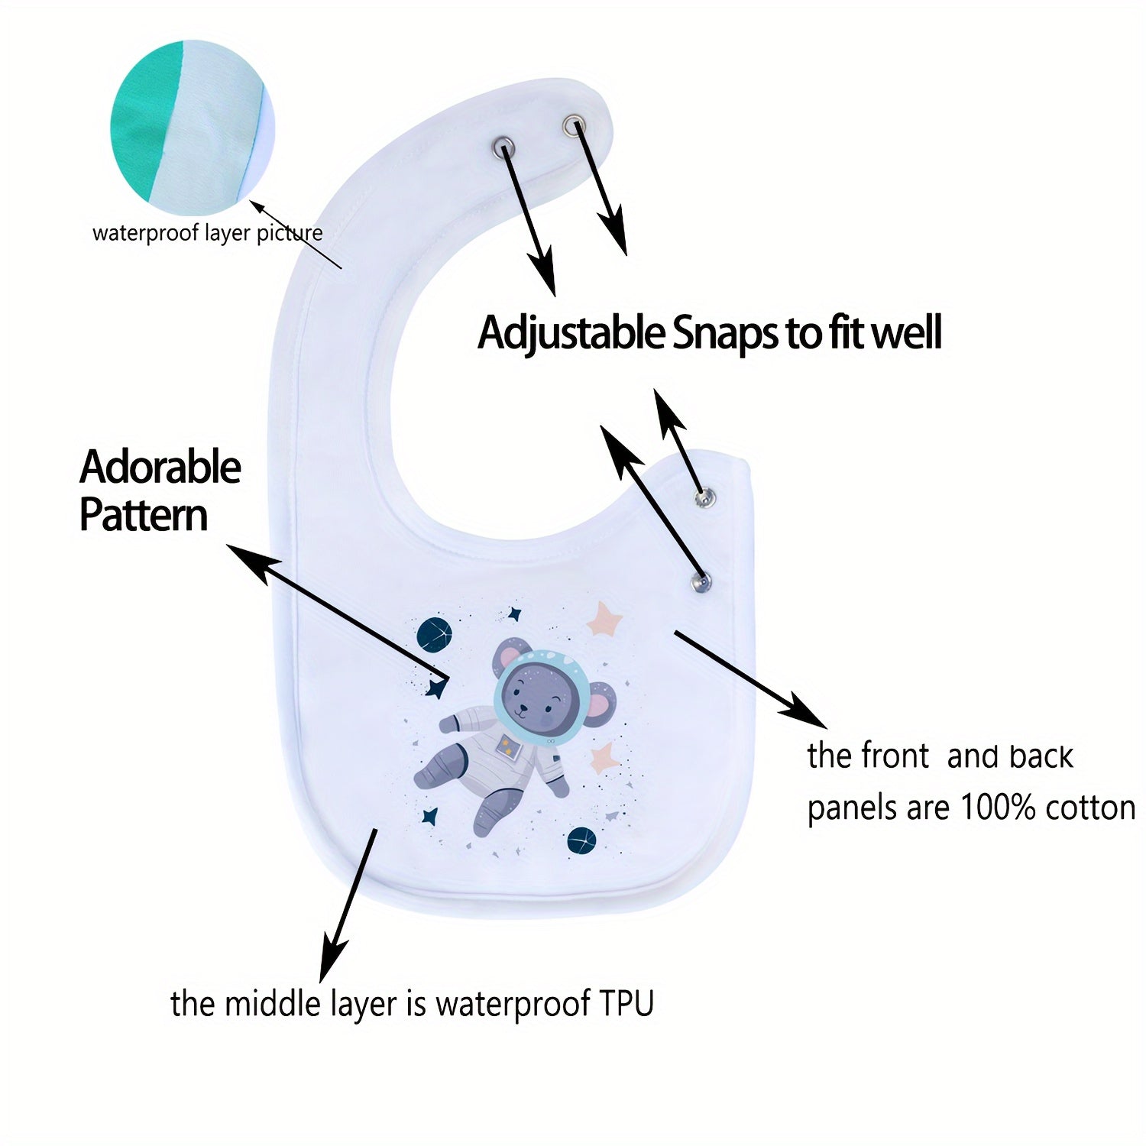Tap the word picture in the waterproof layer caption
[x=290, y=233]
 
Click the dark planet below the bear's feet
[x=581, y=840]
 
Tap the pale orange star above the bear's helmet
[x=604, y=619]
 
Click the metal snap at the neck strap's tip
[x=573, y=124]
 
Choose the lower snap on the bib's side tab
[x=700, y=583]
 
